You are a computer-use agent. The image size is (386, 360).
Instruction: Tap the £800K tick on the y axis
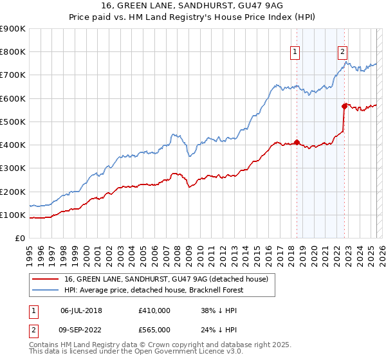[13, 52]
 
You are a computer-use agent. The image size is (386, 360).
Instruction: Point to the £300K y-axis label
[13, 168]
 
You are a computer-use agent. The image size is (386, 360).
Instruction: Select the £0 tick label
[20, 239]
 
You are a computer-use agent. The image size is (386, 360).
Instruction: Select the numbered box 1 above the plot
[295, 53]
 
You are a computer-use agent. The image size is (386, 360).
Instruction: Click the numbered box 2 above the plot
[342, 53]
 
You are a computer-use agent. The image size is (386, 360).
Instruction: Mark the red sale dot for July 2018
[297, 142]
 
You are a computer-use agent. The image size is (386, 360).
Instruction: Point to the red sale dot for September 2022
[344, 106]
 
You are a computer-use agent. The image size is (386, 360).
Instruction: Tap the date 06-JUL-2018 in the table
[81, 310]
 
